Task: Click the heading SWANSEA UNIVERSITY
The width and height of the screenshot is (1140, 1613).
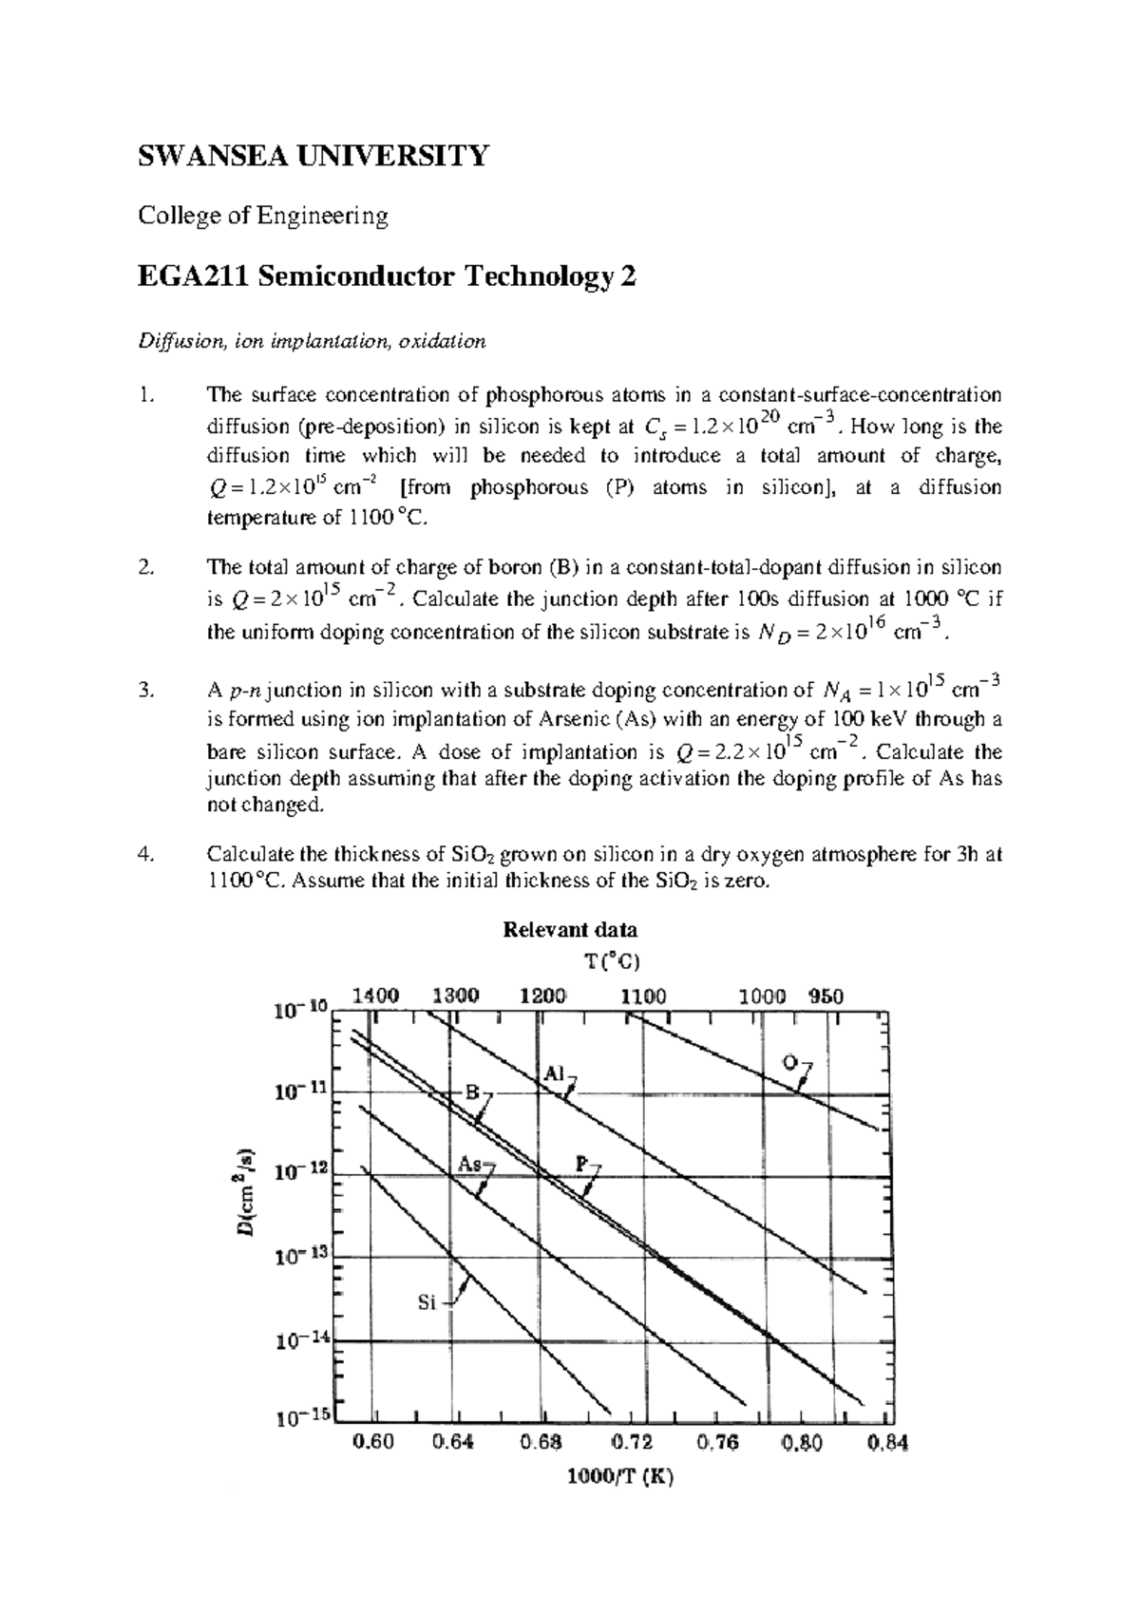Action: click(313, 155)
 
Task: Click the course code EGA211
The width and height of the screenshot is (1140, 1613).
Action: click(189, 277)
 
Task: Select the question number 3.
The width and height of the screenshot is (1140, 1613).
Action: click(144, 691)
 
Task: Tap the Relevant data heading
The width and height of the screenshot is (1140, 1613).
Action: click(569, 929)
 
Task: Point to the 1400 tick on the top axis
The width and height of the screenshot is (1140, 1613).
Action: click(375, 996)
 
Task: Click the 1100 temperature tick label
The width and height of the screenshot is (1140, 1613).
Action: click(643, 996)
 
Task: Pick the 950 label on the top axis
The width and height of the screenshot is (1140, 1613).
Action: click(826, 996)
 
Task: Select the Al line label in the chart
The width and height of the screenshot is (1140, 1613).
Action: click(554, 1073)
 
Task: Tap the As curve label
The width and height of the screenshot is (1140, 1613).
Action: click(469, 1164)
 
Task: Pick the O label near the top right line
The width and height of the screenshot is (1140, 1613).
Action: click(788, 1061)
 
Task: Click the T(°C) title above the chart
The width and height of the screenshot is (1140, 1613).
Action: click(605, 960)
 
